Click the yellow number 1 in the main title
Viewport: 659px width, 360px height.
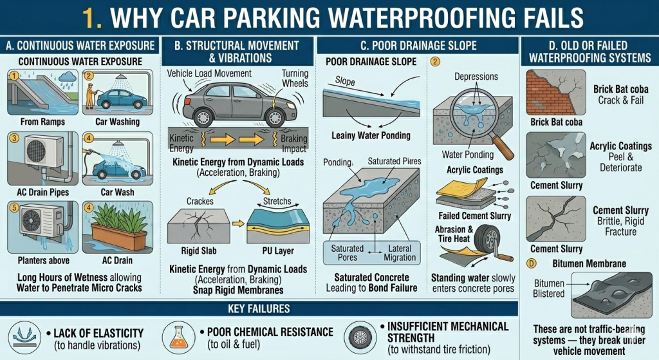click(x=92, y=18)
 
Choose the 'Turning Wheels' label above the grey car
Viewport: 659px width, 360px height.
click(x=295, y=79)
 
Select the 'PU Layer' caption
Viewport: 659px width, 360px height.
click(x=279, y=251)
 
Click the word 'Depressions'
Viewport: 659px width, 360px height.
click(x=476, y=77)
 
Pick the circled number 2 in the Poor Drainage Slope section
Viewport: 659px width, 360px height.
click(x=436, y=62)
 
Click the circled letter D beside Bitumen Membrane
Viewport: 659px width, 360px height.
click(x=531, y=263)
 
